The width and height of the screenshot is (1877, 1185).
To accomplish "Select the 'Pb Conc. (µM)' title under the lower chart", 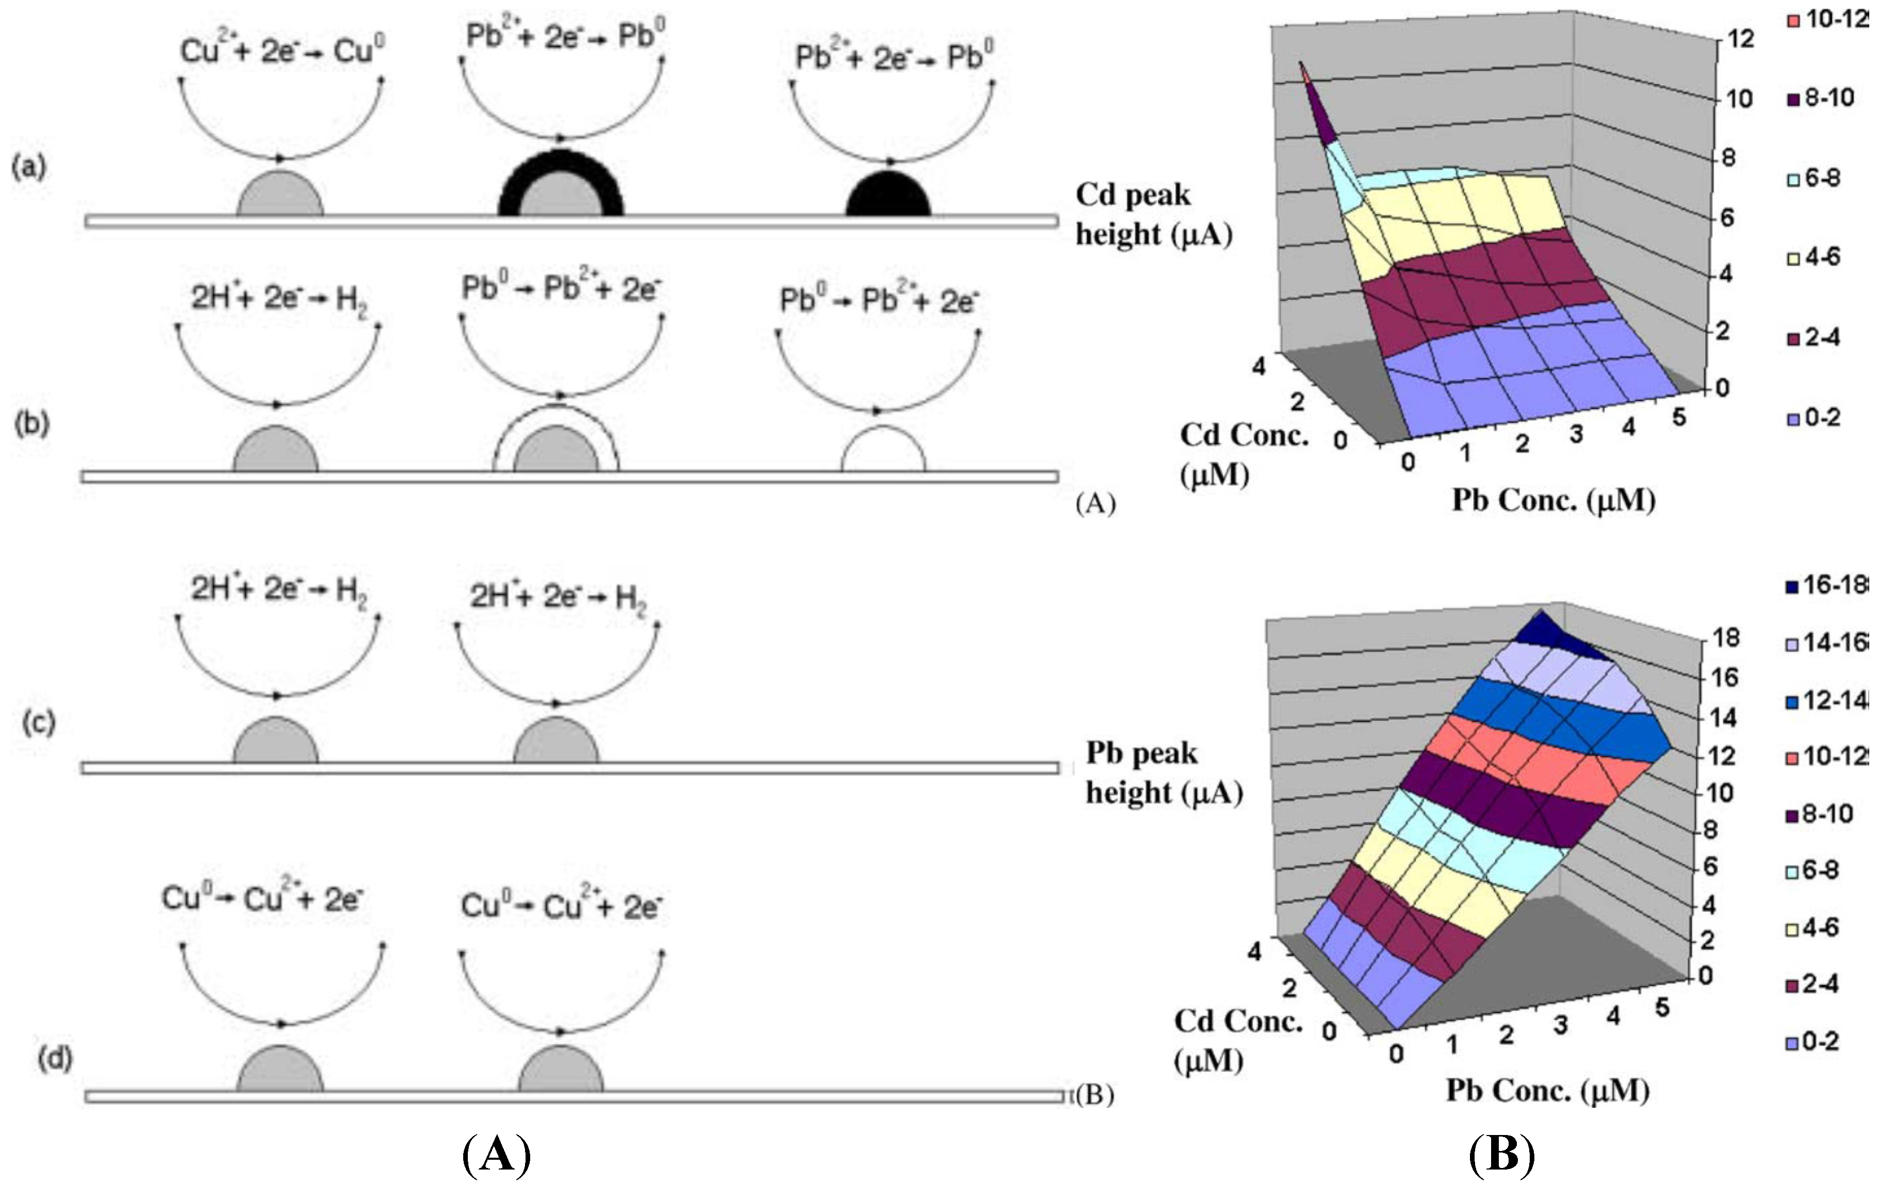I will click(x=1547, y=1090).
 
